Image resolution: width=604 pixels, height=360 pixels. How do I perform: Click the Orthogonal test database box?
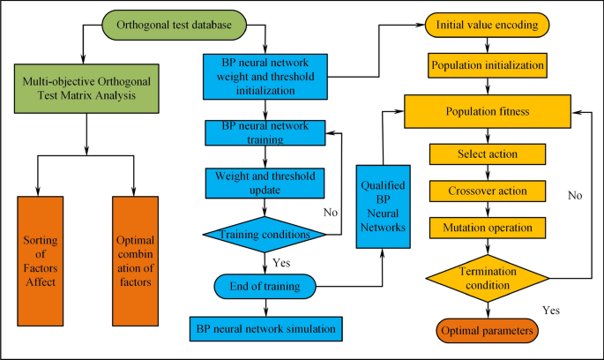coord(174,26)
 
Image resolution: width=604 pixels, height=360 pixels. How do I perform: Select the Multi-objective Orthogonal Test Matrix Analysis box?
coord(86,86)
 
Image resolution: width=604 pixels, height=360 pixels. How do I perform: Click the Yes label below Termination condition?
coord(551,311)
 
